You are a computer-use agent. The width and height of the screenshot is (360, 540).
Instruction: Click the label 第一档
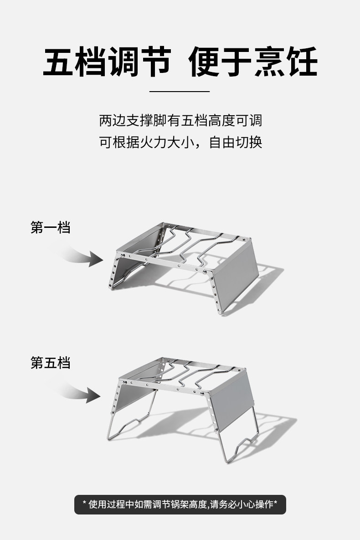tap(51, 227)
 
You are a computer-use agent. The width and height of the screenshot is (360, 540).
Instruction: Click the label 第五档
tap(51, 363)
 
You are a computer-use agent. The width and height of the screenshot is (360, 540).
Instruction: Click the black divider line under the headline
tap(180, 92)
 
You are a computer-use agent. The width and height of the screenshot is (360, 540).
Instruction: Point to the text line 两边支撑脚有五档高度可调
tap(180, 121)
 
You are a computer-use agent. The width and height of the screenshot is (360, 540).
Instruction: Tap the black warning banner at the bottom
tap(180, 504)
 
